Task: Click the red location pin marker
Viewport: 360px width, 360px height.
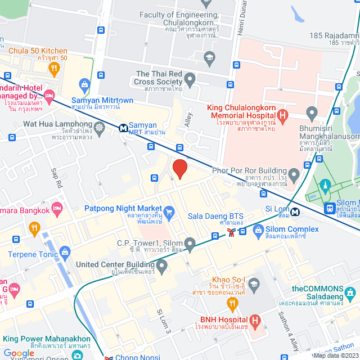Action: (x=179, y=169)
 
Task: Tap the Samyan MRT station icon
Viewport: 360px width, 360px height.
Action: (x=123, y=128)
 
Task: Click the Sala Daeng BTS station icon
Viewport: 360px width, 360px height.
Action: (x=231, y=232)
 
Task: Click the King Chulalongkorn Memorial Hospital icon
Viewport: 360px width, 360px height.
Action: (x=283, y=116)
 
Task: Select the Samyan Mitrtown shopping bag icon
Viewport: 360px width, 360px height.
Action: (x=84, y=86)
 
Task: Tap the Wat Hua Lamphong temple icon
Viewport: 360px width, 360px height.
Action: (x=99, y=127)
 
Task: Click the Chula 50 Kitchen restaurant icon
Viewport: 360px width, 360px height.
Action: (x=54, y=69)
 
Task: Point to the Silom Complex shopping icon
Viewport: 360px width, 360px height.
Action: (x=258, y=229)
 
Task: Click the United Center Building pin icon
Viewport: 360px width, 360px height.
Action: (x=162, y=265)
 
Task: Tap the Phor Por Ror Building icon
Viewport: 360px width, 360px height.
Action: (x=292, y=172)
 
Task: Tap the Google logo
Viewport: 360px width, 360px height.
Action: (x=19, y=353)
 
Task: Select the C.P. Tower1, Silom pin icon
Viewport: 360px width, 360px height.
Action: (x=190, y=244)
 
